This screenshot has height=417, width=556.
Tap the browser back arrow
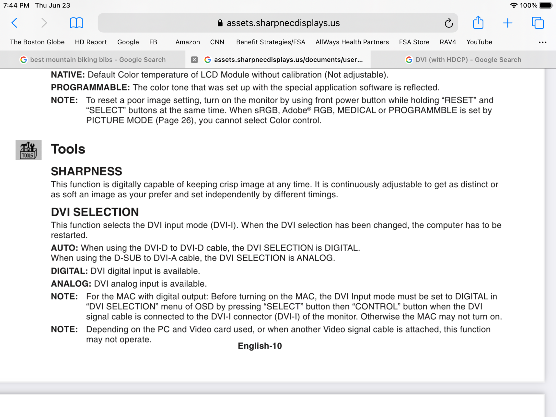point(14,23)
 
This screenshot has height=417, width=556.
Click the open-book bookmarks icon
point(76,23)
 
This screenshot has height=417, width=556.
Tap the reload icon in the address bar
point(448,23)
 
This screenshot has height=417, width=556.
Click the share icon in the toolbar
point(478,23)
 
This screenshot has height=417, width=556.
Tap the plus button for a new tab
point(508,23)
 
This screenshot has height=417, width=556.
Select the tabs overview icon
point(538,23)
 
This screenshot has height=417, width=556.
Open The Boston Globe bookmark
point(37,42)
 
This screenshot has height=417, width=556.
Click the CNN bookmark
point(217,42)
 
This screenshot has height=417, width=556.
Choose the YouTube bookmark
point(479,42)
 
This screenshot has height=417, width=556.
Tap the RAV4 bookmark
point(448,42)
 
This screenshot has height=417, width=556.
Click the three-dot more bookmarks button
point(542,42)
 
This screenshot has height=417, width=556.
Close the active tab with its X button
point(194,60)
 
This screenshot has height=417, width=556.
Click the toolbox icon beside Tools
point(28,150)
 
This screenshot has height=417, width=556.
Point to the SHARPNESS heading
point(86,171)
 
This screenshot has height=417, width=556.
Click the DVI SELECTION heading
point(95,212)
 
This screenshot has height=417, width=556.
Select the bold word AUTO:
point(64,248)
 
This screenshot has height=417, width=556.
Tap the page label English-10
point(260,346)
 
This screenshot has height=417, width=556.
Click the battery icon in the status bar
point(545,5)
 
